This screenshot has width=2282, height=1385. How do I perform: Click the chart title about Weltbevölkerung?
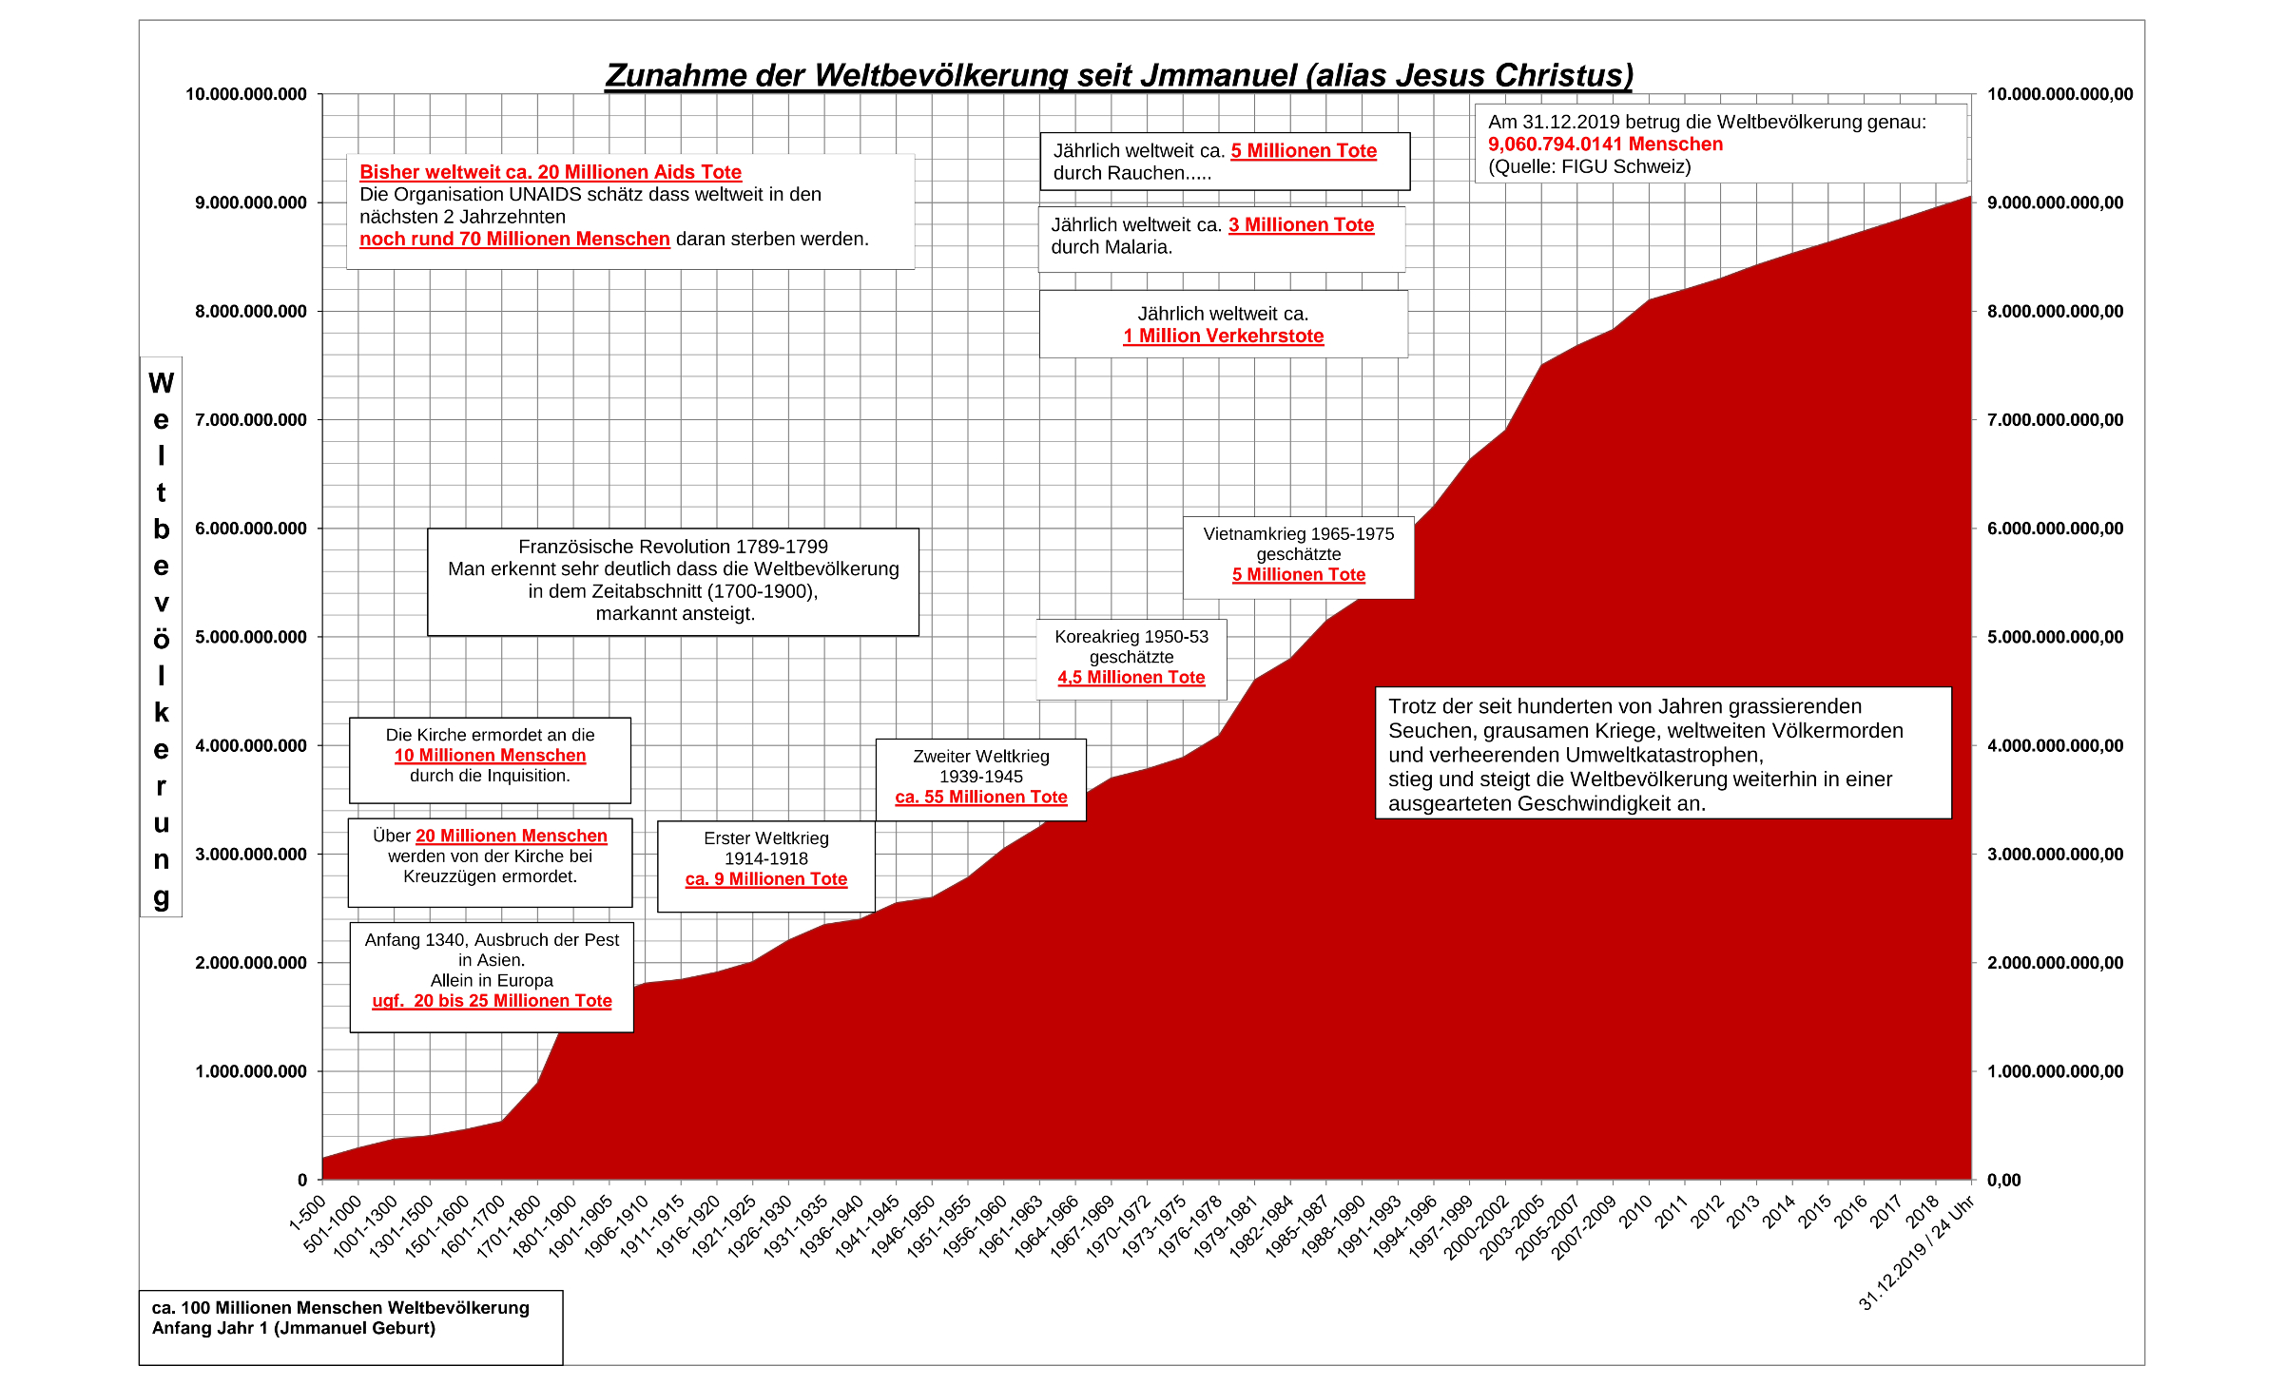coord(1118,75)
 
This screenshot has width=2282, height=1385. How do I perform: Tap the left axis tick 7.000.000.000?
coord(251,420)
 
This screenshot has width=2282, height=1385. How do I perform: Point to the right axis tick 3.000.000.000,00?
coord(2055,855)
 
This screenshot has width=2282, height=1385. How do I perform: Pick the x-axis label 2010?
coord(1636,1212)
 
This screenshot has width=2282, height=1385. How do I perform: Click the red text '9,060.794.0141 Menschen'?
coord(1605,144)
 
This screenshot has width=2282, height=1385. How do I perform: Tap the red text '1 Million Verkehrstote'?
coord(1223,337)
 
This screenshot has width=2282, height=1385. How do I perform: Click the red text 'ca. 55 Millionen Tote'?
coord(980,798)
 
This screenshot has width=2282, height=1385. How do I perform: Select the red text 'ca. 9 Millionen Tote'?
coord(765,879)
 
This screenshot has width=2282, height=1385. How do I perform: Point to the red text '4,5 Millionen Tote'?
coord(1131,678)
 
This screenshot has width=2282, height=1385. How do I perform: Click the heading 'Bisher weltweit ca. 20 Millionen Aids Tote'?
coord(550,172)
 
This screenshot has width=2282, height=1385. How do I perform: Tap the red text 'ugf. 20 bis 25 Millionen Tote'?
coord(492,1001)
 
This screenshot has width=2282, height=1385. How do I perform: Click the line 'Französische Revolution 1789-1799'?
coord(672,547)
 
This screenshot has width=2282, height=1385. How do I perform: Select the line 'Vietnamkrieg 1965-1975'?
coord(1298,534)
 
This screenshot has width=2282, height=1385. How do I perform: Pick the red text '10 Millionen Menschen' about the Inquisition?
coord(490,756)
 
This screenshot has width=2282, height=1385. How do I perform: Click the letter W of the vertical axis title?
coord(161,383)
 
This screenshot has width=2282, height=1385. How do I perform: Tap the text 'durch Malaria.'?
coord(1111,247)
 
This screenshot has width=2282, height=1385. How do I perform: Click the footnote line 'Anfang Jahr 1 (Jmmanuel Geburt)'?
coord(293,1329)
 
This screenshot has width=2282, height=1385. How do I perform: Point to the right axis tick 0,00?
coord(2003,1181)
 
